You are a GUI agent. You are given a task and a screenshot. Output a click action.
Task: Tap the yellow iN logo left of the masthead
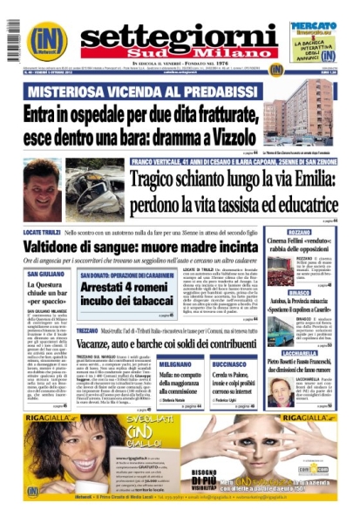[x=45, y=38]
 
